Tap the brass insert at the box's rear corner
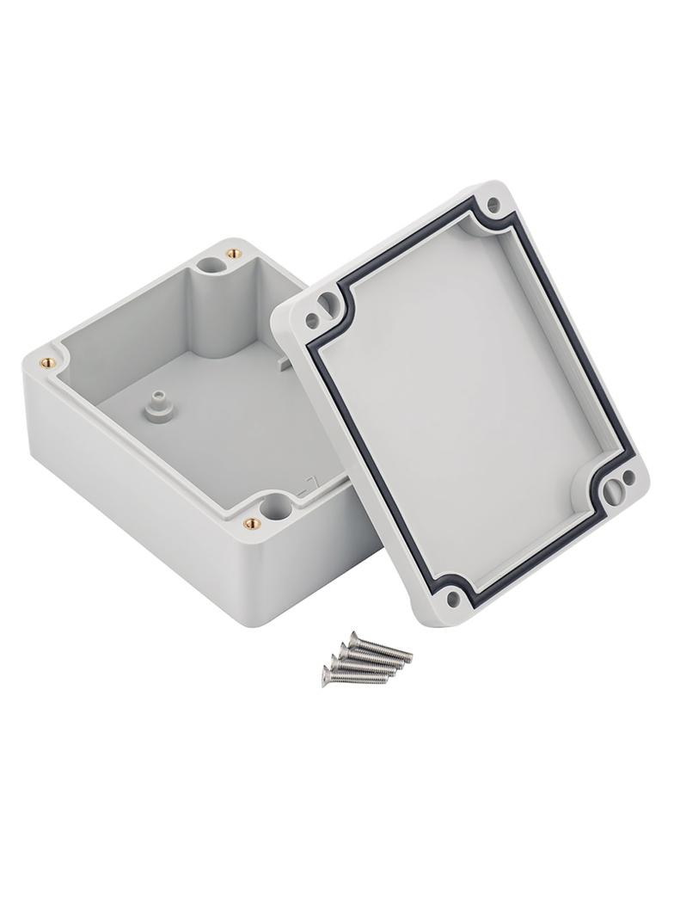tap(230, 253)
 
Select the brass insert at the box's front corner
tap(248, 522)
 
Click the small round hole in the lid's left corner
tap(312, 322)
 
